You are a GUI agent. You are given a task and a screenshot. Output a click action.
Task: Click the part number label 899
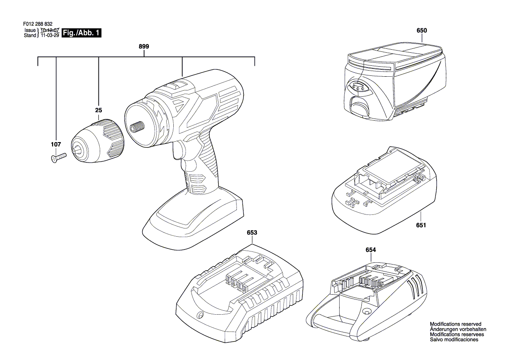pos(144,47)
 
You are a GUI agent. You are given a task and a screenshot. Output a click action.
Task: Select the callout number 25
pos(99,110)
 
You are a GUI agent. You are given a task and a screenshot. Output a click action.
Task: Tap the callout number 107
pos(56,144)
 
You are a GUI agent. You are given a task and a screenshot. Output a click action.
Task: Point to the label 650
pos(421,31)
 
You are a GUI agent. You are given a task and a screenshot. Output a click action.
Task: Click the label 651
pos(421,225)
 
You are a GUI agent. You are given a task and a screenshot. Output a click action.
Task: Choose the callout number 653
pos(252,232)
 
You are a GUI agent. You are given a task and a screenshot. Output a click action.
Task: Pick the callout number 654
pos(371,250)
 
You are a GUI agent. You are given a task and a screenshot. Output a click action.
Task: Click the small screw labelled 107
pos(59,158)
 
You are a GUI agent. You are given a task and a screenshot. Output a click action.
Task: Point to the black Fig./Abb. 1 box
pos(81,33)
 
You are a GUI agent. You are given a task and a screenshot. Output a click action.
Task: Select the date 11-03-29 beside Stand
pos(50,35)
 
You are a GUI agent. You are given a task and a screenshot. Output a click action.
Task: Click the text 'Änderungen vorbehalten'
pos(458,329)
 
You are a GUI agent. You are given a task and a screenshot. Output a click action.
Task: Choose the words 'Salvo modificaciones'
pos(454,340)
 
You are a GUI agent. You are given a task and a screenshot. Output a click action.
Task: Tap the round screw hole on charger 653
pos(200,315)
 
